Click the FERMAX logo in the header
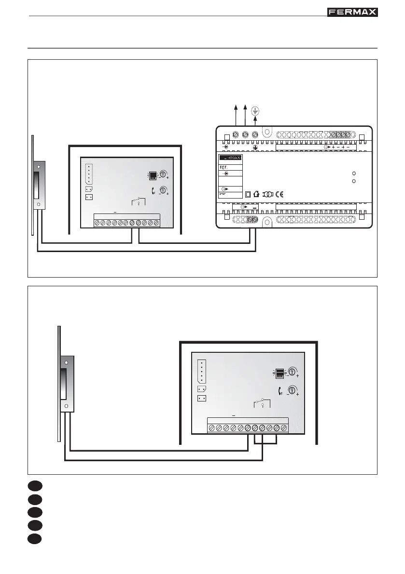point(353,12)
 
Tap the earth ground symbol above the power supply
point(255,110)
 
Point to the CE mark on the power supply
point(279,195)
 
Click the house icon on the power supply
point(256,195)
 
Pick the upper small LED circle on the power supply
point(354,174)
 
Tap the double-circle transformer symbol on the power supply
point(267,195)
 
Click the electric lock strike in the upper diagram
point(38,186)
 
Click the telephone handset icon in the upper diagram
point(154,190)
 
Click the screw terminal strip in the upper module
point(127,223)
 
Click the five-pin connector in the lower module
point(202,371)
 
